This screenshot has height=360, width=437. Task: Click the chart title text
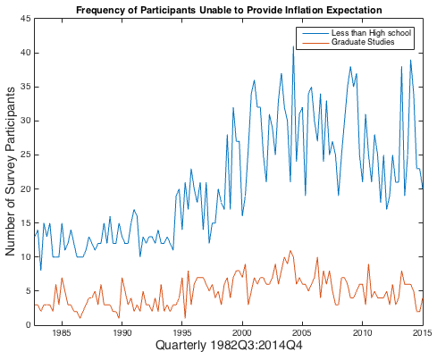coord(229,10)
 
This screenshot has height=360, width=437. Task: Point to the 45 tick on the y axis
coord(26,19)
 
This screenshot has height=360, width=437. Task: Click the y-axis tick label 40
coord(26,53)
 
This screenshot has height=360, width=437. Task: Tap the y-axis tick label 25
coord(26,155)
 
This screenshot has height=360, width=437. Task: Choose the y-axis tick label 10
coord(26,256)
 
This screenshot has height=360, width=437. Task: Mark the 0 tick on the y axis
coord(29,324)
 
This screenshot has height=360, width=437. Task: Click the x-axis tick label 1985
coord(62,332)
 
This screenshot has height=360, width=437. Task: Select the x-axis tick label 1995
coord(182,332)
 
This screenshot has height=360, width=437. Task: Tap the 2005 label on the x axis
coord(302,332)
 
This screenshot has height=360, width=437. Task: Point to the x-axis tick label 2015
coord(423,332)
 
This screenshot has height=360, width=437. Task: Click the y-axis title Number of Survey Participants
coord(10,172)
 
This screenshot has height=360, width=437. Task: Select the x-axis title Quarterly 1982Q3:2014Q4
coord(229,346)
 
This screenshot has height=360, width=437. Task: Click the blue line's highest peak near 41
coord(293,46)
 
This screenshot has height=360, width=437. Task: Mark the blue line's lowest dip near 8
coord(41,270)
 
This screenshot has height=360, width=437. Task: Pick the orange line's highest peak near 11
coord(290,251)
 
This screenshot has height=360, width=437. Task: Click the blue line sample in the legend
coord(315,33)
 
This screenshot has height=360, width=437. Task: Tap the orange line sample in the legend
coord(315,42)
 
